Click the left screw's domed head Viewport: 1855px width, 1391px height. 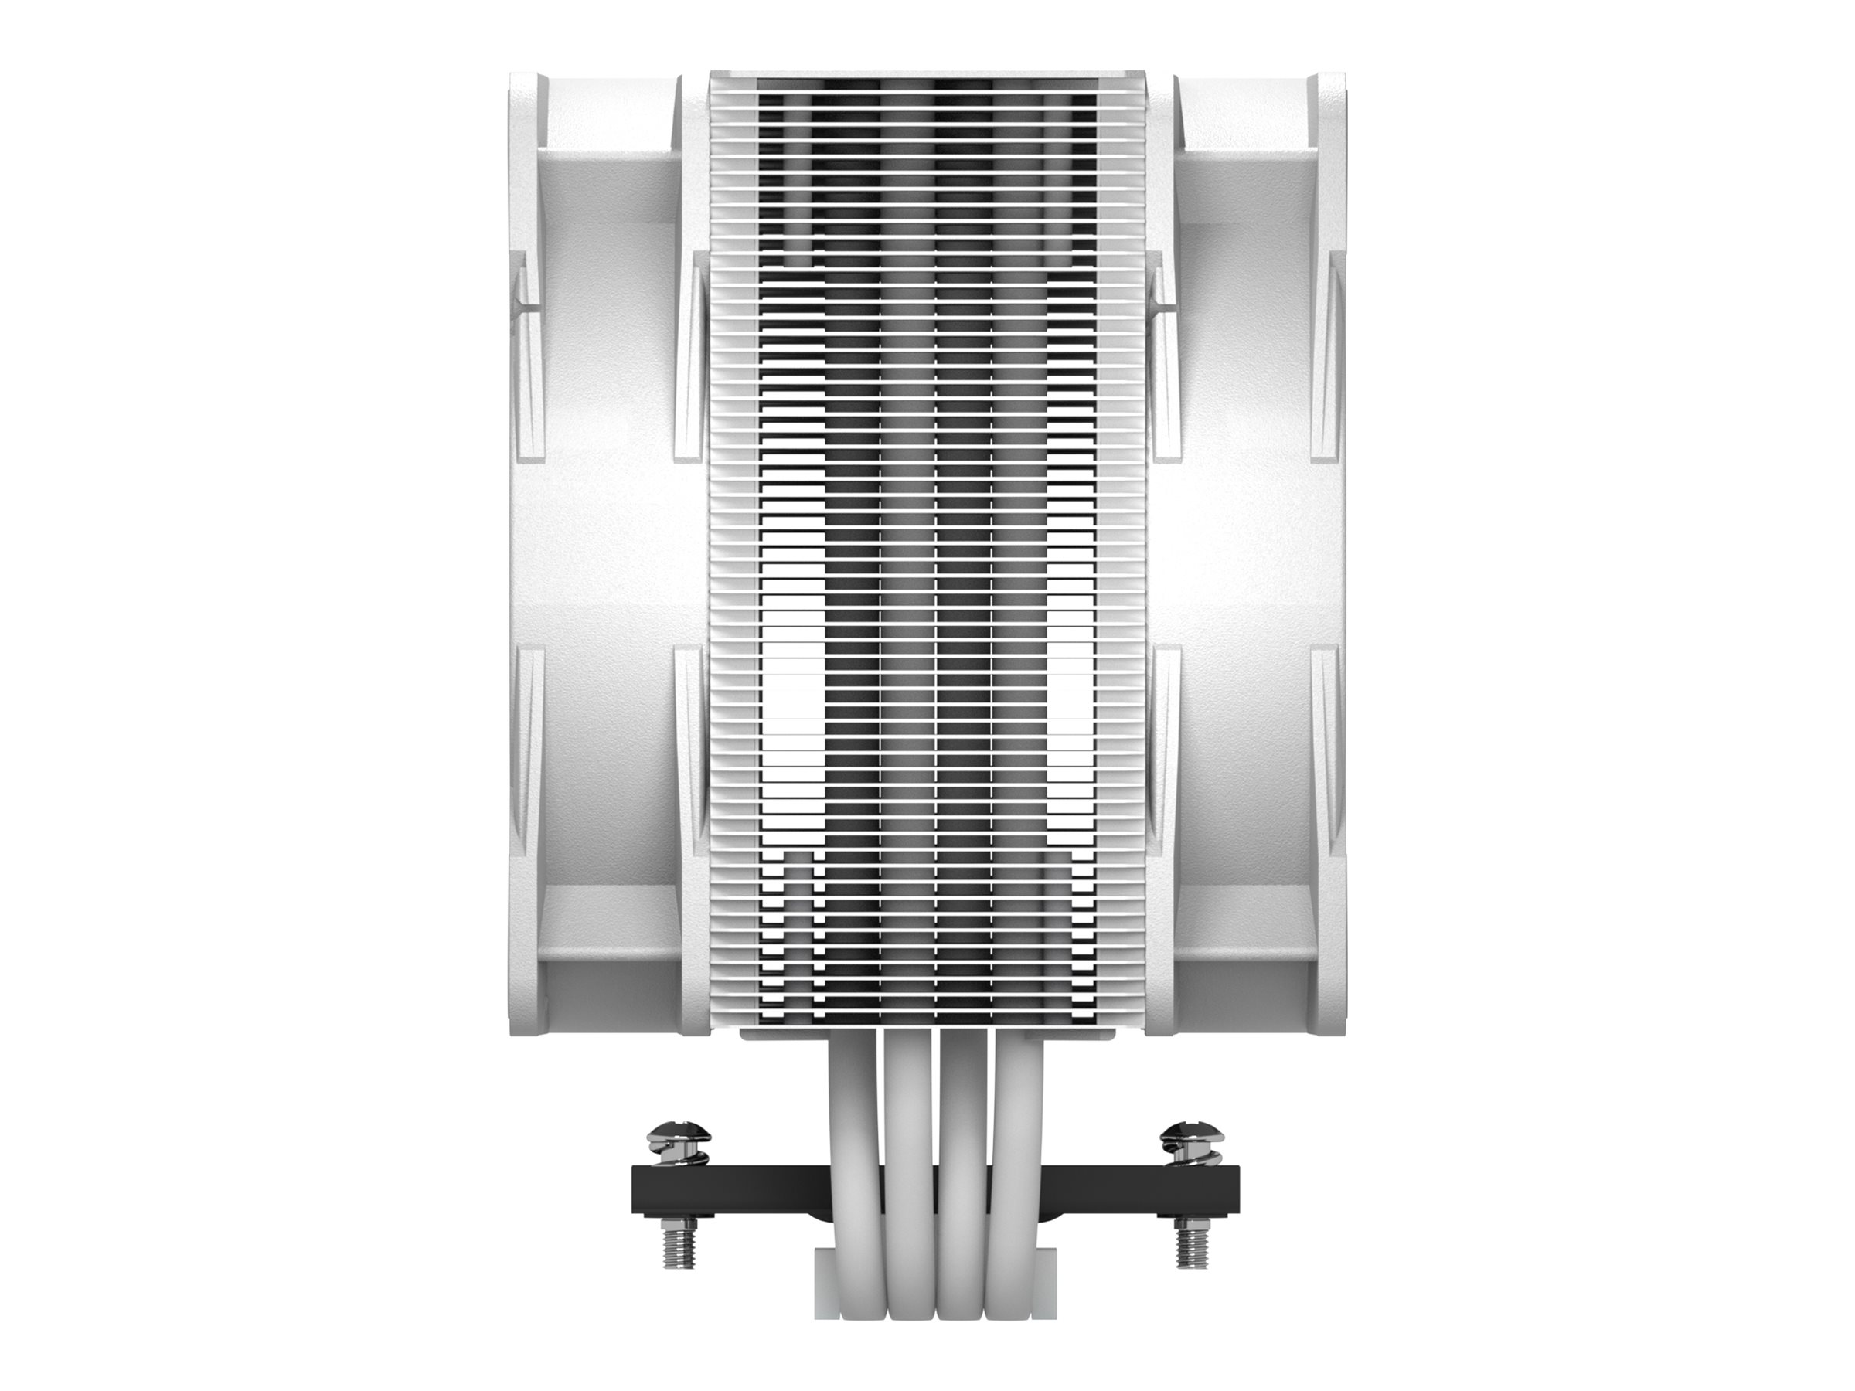(679, 1137)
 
